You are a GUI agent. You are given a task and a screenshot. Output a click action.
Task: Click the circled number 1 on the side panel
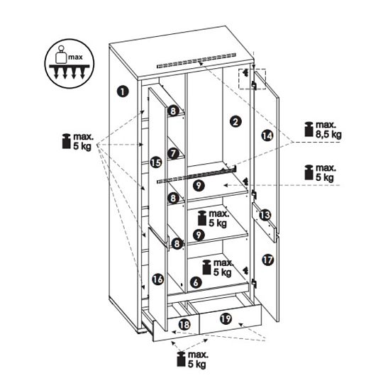tap(123, 91)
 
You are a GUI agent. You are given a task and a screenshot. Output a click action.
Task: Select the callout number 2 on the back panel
tap(235, 121)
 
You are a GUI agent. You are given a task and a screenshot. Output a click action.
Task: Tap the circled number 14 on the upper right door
tap(267, 135)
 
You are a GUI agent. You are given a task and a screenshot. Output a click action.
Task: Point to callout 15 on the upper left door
tap(156, 162)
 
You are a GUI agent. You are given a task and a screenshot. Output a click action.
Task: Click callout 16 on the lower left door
tap(157, 279)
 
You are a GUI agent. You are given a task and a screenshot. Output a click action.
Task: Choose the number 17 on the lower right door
tap(268, 260)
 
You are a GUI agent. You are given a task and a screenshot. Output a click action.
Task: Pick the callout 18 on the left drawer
tap(184, 325)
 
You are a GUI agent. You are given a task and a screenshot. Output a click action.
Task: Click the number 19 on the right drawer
tap(226, 318)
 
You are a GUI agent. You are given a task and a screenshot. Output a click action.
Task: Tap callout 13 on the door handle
tap(265, 215)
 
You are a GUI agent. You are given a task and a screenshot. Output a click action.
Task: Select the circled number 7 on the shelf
tap(173, 153)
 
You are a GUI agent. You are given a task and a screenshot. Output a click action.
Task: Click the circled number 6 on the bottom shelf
tap(196, 282)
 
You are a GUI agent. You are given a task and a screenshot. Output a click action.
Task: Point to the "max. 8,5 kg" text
tap(328, 130)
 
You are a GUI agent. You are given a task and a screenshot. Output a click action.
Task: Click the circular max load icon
tap(70, 64)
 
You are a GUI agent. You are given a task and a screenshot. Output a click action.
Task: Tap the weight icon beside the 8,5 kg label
tap(309, 129)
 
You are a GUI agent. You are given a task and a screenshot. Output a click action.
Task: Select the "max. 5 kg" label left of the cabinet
tap(83, 141)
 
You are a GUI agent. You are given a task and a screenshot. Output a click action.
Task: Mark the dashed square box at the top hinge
tap(252, 79)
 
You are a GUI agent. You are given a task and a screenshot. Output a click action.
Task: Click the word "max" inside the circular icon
tap(75, 57)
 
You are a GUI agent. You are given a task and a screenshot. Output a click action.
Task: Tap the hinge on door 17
tap(255, 284)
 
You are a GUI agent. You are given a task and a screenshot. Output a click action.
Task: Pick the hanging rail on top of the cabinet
tap(196, 60)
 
